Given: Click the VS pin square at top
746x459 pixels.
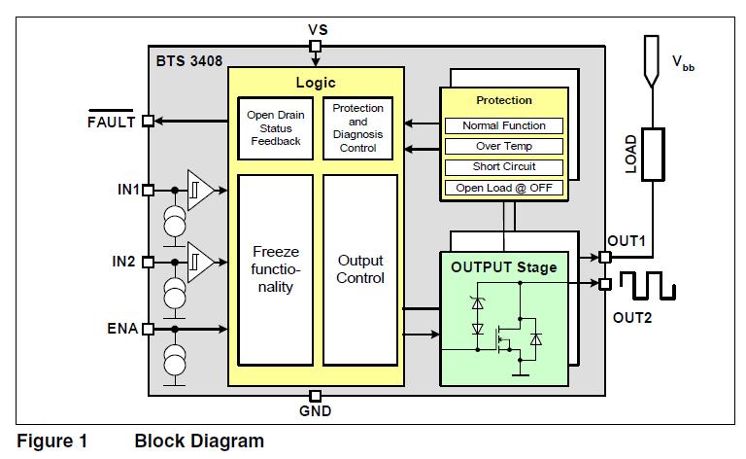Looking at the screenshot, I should (315, 46).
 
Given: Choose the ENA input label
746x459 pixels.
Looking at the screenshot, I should (122, 329).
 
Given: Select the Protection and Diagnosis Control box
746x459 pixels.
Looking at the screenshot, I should (357, 127).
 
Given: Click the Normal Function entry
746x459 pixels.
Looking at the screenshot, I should (503, 125).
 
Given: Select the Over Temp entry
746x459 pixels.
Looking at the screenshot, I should (503, 146).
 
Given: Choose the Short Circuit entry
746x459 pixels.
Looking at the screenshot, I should (503, 166).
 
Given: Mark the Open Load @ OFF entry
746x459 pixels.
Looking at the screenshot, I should (503, 188).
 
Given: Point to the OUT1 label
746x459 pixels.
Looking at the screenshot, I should (627, 240).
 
